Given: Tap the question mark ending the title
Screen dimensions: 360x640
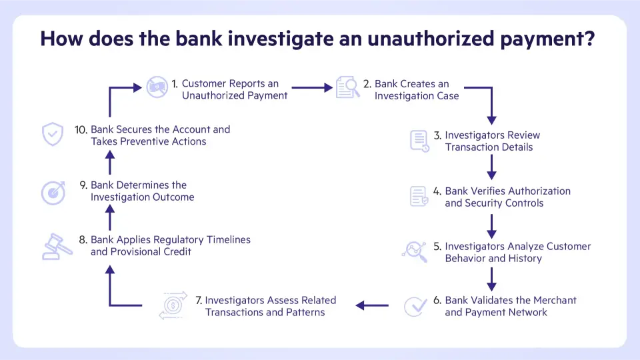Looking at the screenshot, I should (588, 39).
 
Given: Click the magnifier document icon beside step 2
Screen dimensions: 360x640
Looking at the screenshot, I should (347, 87).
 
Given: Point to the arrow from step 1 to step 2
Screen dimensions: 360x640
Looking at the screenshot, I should (311, 87).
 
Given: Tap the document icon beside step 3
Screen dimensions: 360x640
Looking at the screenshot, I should (419, 141).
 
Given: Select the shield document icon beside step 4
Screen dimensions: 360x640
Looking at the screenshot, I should (419, 196).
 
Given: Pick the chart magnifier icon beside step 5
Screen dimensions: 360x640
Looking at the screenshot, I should (415, 251).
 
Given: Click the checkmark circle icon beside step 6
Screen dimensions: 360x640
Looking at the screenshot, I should (416, 306).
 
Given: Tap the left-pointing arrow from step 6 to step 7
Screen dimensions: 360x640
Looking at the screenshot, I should (372, 305).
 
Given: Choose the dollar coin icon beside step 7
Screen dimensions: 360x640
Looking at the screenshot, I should (173, 305).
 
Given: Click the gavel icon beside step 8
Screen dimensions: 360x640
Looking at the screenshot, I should (58, 245).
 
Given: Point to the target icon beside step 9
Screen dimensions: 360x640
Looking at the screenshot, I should (53, 192).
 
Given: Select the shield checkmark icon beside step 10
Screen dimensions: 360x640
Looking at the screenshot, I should (52, 134).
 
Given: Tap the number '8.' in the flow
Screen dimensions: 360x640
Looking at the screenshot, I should (83, 239).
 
